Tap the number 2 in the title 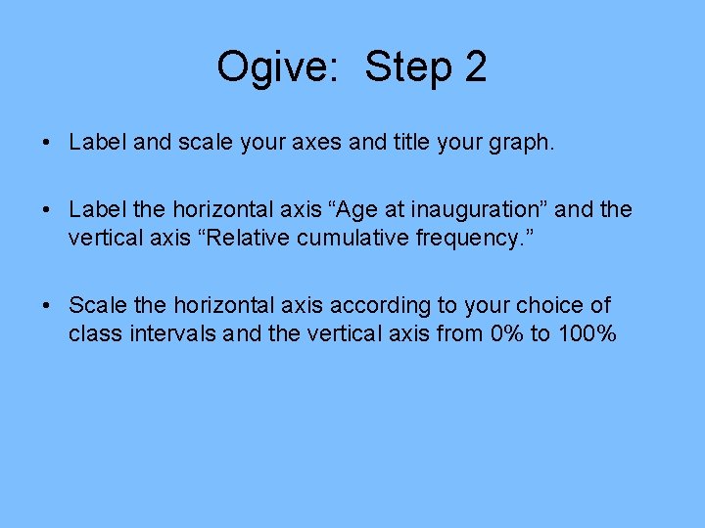(x=475, y=67)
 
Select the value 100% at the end (x=587, y=333)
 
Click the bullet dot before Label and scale (x=47, y=143)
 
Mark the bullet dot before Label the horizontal (x=47, y=209)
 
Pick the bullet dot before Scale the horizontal (x=47, y=306)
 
